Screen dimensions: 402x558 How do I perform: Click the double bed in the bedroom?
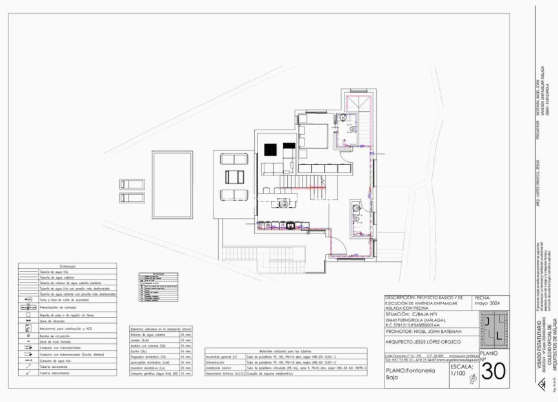coord(312,136)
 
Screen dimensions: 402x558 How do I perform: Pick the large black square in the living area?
coord(269,148)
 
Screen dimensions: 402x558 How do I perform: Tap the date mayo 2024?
coord(486,302)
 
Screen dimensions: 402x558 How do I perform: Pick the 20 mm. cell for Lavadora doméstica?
coord(186,368)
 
